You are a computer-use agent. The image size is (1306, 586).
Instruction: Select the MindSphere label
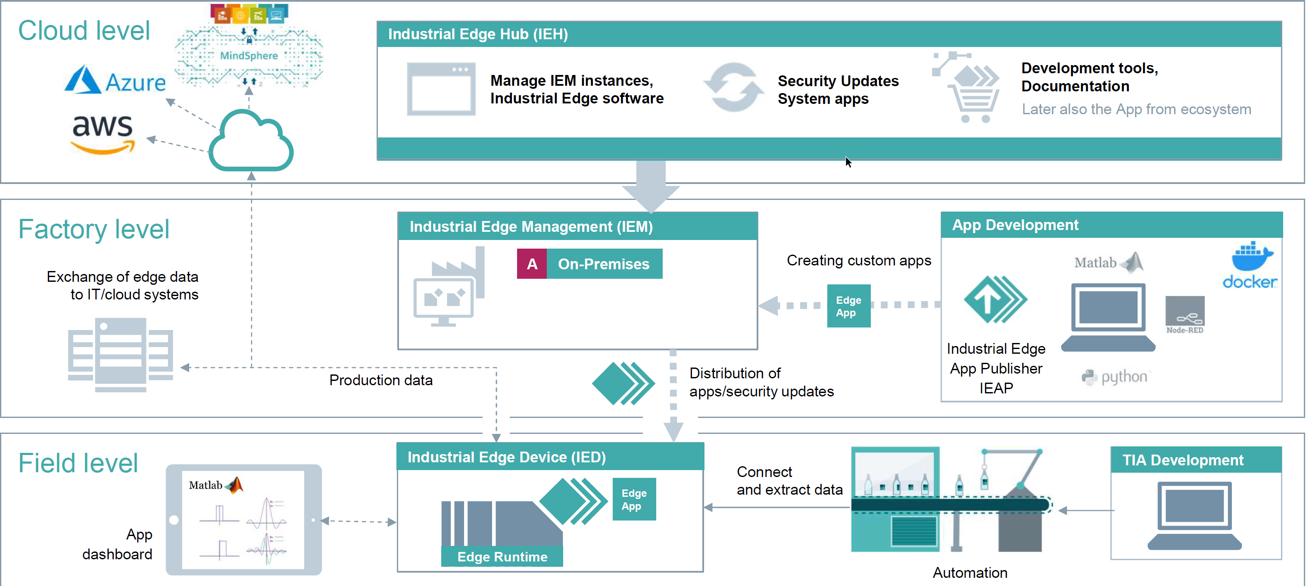tap(249, 56)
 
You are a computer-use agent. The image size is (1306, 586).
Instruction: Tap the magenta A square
tap(532, 264)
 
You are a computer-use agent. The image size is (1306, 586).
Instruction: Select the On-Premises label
tap(603, 264)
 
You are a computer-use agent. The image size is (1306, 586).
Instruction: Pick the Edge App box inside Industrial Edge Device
tap(634, 499)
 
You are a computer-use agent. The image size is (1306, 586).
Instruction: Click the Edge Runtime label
tap(502, 557)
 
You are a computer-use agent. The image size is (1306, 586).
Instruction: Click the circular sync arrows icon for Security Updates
tap(733, 87)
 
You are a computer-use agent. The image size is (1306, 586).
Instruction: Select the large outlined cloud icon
tap(251, 141)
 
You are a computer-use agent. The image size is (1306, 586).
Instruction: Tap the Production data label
tap(381, 380)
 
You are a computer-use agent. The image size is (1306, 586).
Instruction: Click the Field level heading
tap(78, 463)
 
